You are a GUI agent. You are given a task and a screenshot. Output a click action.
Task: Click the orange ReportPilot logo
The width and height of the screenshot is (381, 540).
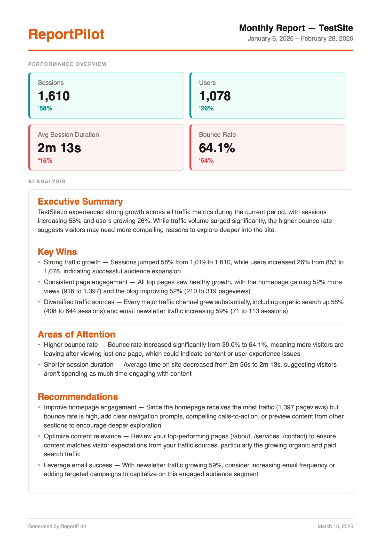click(66, 34)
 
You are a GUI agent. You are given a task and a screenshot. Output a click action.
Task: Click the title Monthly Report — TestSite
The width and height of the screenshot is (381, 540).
click(296, 28)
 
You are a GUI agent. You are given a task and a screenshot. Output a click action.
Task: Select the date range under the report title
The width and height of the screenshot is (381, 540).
click(300, 39)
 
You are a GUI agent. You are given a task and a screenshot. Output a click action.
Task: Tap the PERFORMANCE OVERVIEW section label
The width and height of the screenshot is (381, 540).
click(67, 64)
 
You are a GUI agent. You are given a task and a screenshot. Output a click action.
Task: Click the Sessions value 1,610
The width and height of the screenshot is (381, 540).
click(54, 96)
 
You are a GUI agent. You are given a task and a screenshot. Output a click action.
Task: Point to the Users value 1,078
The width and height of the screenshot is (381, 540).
click(215, 96)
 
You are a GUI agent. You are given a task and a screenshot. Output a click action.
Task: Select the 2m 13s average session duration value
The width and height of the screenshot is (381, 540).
click(59, 148)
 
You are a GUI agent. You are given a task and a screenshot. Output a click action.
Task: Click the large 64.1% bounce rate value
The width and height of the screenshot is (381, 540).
click(217, 148)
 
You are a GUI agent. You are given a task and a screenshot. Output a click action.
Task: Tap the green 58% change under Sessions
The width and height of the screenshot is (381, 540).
click(45, 108)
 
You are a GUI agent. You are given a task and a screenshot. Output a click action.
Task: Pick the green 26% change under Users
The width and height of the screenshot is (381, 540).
click(207, 108)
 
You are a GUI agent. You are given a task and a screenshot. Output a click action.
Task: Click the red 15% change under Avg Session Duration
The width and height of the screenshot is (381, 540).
click(45, 161)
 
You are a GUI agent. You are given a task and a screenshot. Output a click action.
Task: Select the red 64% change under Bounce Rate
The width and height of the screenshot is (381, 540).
click(207, 161)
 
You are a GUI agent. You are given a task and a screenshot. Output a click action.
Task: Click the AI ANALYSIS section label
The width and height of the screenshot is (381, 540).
click(47, 182)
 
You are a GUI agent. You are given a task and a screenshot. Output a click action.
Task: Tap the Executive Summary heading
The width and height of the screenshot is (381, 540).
click(80, 201)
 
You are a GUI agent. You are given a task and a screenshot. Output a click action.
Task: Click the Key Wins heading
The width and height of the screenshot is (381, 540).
click(57, 252)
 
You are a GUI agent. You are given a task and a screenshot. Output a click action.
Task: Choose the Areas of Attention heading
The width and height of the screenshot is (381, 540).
click(76, 334)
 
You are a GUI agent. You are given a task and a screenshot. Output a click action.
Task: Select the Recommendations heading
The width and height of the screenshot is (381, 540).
click(78, 397)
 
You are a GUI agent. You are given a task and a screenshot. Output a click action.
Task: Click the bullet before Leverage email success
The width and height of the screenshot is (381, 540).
click(39, 465)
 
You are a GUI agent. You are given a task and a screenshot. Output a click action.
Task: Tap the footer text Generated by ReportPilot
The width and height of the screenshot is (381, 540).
click(57, 526)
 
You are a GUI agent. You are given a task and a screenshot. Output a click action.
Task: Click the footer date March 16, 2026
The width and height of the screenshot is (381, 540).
click(335, 526)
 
